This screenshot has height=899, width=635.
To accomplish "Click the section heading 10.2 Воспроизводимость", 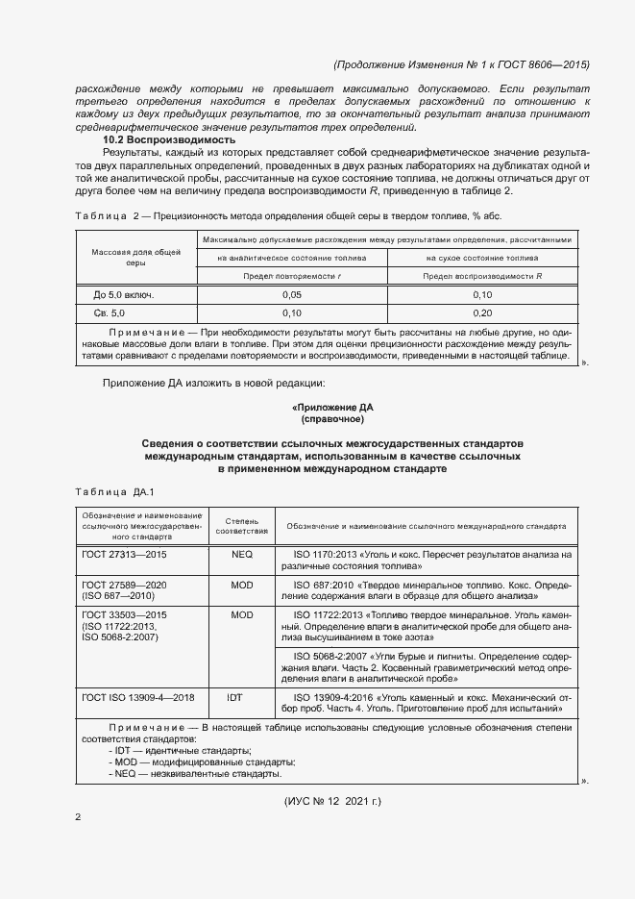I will coord(169,139).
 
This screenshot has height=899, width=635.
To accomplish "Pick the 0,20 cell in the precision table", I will coord(482,313).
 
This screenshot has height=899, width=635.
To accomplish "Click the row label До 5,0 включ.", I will coord(123,294).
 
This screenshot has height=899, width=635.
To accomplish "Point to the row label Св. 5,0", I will coord(110,313).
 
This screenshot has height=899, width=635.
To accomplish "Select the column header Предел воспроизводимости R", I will coord(482,276).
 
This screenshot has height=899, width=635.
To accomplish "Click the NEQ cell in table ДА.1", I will coord(242,555).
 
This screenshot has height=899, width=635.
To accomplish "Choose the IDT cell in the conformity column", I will coord(242,695).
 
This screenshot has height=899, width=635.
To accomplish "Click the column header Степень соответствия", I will coord(242,525).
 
